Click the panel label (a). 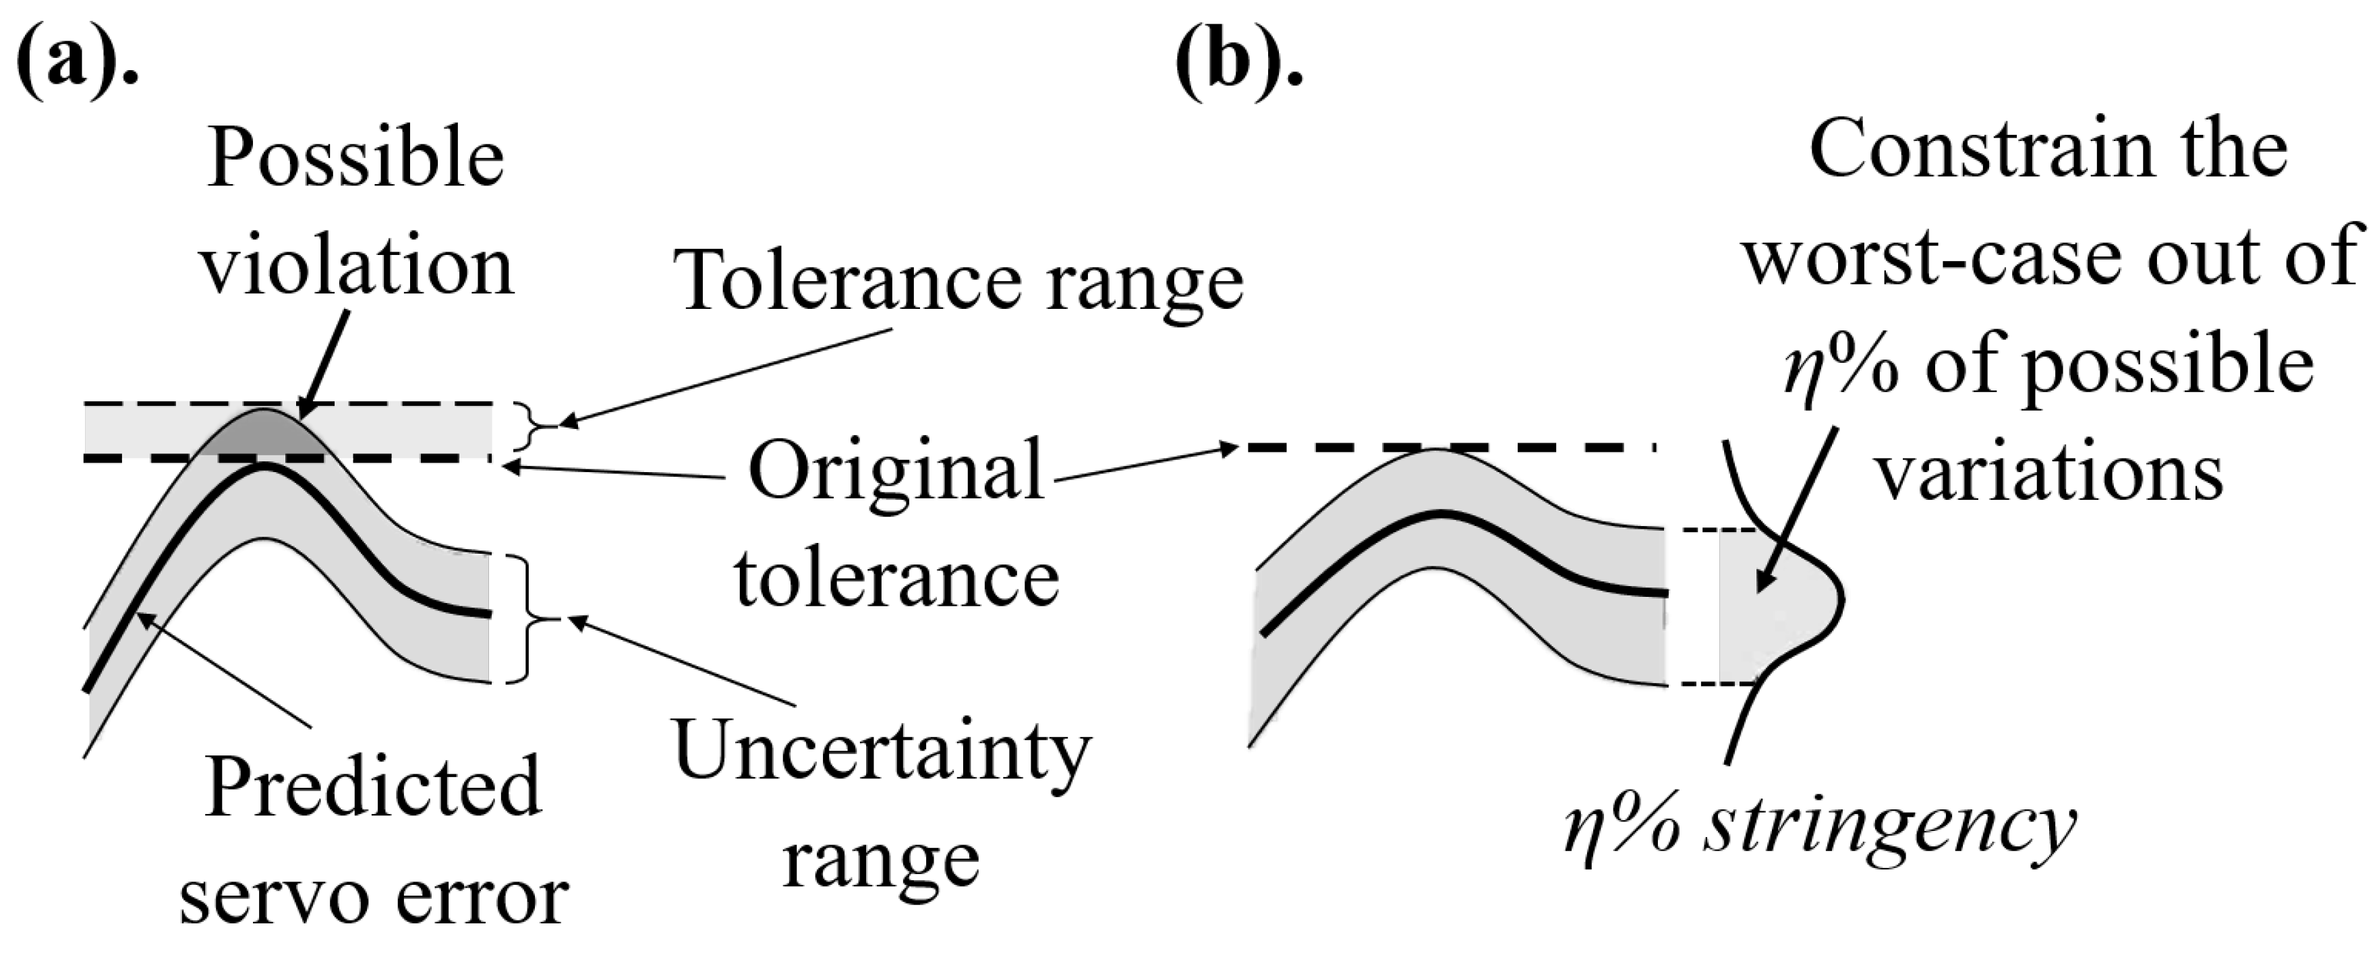tap(78, 57)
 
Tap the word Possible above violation tap(355, 159)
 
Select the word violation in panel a tap(357, 268)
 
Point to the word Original tap(896, 471)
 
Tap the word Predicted tap(372, 788)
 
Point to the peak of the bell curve tap(1841, 598)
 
